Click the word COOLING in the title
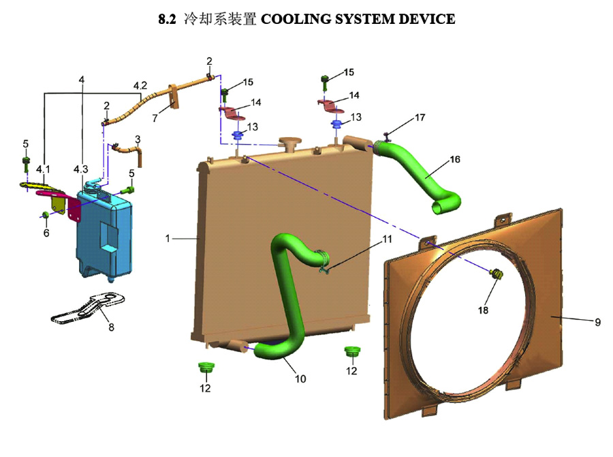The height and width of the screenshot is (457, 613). coord(295,19)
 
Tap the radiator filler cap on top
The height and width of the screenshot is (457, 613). coord(289,144)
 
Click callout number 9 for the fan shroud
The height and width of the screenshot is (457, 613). coord(598,323)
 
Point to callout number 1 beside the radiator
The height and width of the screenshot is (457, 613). coord(168,238)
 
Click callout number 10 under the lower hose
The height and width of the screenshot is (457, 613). coord(300,379)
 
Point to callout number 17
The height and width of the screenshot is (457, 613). coord(420,117)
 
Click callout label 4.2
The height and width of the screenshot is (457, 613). coord(140,86)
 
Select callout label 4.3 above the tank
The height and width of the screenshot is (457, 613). coord(81,169)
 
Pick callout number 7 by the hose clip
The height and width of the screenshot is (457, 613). coord(155,118)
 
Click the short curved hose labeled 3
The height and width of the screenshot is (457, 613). coord(129,153)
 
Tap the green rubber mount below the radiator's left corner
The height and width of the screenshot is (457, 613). coord(206,368)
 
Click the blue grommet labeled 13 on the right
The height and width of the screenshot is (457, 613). coord(336,126)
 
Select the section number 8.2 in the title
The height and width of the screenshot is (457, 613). coord(167,19)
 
